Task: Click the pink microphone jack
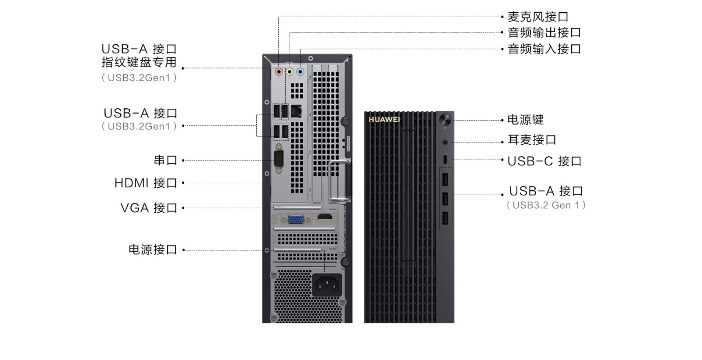point(279,72)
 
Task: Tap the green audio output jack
point(290,72)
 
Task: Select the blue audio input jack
point(300,72)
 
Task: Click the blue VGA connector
point(296,219)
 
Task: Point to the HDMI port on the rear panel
point(325,217)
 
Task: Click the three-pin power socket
point(327,285)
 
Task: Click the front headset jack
point(445,142)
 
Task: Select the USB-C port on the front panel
point(445,160)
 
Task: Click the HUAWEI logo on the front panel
point(384,119)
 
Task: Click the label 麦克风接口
point(538,17)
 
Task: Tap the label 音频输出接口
point(544,32)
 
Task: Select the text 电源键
point(526,120)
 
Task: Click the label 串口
point(165,160)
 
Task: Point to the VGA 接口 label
point(149,208)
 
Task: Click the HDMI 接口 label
point(146,183)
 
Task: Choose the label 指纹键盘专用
point(139,62)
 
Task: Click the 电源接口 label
point(153,250)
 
